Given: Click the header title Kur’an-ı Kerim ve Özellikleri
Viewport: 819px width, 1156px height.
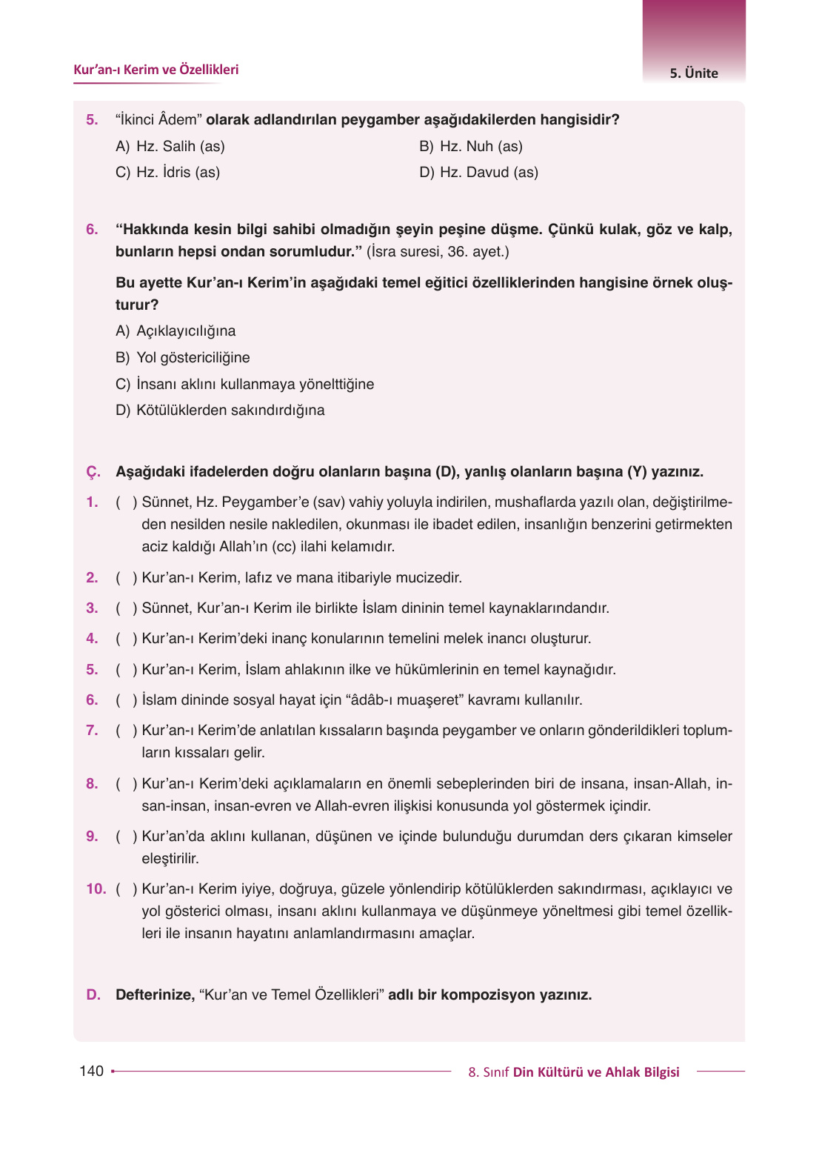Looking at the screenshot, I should pos(156,70).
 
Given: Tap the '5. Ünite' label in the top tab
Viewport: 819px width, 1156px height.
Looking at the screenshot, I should pos(694,73).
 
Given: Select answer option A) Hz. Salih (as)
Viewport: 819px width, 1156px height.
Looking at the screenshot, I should pos(170,147).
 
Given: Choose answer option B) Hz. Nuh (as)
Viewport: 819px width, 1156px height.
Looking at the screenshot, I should pos(471,147).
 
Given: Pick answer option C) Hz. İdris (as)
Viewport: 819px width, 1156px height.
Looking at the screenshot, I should pos(168,173).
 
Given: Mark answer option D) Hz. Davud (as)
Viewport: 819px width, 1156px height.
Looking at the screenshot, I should pos(478,173).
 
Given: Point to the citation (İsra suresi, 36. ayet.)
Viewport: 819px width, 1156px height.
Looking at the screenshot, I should pos(438,252).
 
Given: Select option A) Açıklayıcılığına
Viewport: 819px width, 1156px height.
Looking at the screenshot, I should pos(175,331).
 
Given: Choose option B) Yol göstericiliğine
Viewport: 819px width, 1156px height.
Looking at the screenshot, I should pos(183,358).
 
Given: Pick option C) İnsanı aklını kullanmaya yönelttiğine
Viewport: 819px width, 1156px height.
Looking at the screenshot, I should pos(244,385).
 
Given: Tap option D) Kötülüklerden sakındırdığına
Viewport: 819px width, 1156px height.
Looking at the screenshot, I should pos(220,411).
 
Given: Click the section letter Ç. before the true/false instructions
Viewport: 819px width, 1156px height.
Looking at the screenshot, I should pos(93,472).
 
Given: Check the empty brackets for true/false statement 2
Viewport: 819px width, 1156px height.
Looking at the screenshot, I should pos(127,578).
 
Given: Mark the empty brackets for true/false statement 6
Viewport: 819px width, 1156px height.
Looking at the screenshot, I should pos(127,700).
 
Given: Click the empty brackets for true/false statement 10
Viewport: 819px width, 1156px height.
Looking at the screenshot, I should pos(127,889).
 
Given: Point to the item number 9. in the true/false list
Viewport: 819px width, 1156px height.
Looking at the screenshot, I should pos(92,837).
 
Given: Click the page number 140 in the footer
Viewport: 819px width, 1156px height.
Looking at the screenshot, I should pos(92,1071).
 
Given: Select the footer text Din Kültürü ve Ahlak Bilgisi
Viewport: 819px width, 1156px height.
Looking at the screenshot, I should pos(596,1072).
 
